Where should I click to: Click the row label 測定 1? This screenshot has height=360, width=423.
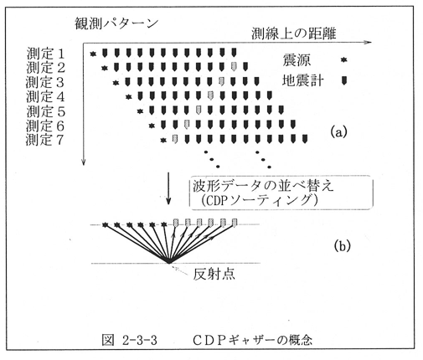coord(45,54)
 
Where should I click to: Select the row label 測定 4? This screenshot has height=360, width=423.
coord(45,97)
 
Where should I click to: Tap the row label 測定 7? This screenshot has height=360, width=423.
coord(44,140)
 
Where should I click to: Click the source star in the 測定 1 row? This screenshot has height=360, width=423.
coord(93,54)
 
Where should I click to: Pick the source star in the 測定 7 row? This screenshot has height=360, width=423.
coord(163,140)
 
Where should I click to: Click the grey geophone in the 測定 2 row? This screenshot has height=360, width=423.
coord(234,66)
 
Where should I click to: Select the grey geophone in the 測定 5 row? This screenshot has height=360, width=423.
coord(199,110)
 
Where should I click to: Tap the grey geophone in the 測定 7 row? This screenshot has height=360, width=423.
coord(175,139)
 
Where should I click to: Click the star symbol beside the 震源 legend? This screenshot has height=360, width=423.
coord(344,59)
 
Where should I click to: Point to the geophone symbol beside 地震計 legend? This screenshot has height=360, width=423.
coord(344,80)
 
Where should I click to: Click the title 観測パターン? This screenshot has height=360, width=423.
coord(116,23)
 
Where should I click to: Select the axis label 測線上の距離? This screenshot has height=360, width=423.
coord(294,33)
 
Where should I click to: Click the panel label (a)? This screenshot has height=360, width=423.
coord(338,131)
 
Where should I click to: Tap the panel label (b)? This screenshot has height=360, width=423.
coord(343,245)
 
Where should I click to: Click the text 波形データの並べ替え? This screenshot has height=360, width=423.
coord(263,186)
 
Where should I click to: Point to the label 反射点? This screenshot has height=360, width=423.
coord(214,275)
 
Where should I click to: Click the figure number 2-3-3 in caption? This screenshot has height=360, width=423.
coord(140,340)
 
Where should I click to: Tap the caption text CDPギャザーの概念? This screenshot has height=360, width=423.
coord(252,340)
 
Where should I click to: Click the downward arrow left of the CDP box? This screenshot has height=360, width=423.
coord(168,188)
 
